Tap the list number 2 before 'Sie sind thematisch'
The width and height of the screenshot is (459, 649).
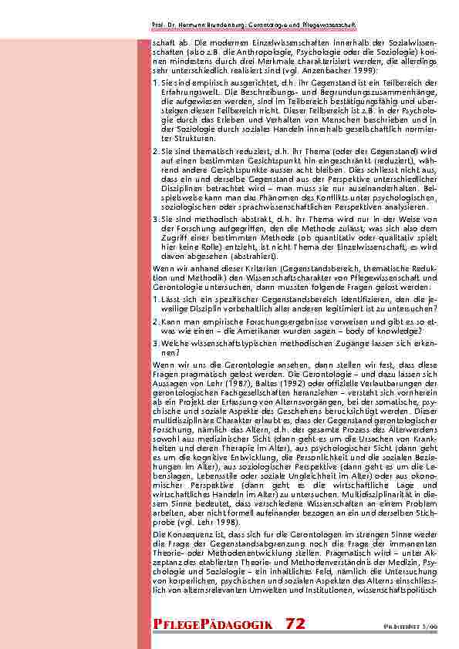(155, 150)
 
